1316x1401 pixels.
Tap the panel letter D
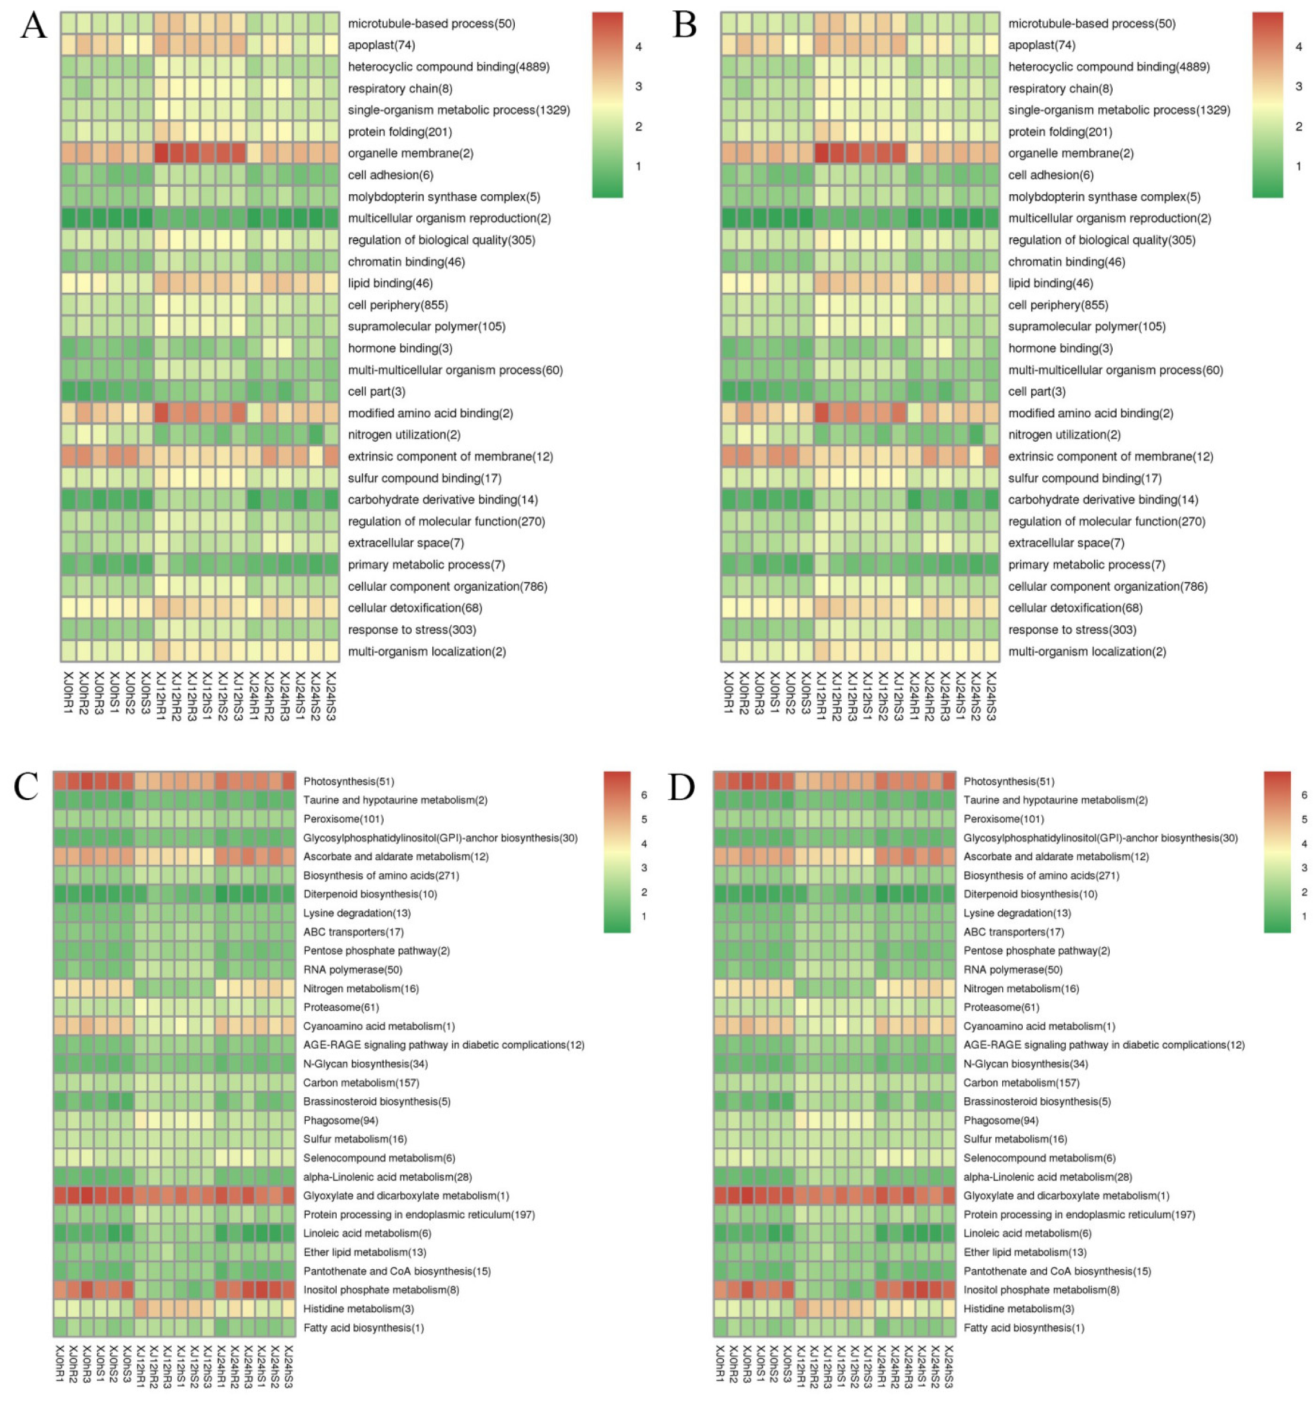681,787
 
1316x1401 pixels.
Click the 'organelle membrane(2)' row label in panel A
410,153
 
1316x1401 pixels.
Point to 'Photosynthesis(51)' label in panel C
349,782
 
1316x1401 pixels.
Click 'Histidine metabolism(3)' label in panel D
1019,1309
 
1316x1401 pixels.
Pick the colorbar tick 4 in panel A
639,47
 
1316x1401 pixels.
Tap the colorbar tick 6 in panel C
644,795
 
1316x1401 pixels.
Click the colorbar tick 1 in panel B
1298,166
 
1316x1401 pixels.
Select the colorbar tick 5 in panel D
1304,819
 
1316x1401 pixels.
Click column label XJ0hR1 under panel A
68,693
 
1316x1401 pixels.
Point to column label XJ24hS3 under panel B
991,696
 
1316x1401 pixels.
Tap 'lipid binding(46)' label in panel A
389,283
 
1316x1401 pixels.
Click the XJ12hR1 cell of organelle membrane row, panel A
160,153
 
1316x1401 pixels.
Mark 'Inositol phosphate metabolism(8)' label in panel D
1041,1290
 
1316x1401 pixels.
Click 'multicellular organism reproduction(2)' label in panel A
449,218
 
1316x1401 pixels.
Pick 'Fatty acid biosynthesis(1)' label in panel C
364,1328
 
